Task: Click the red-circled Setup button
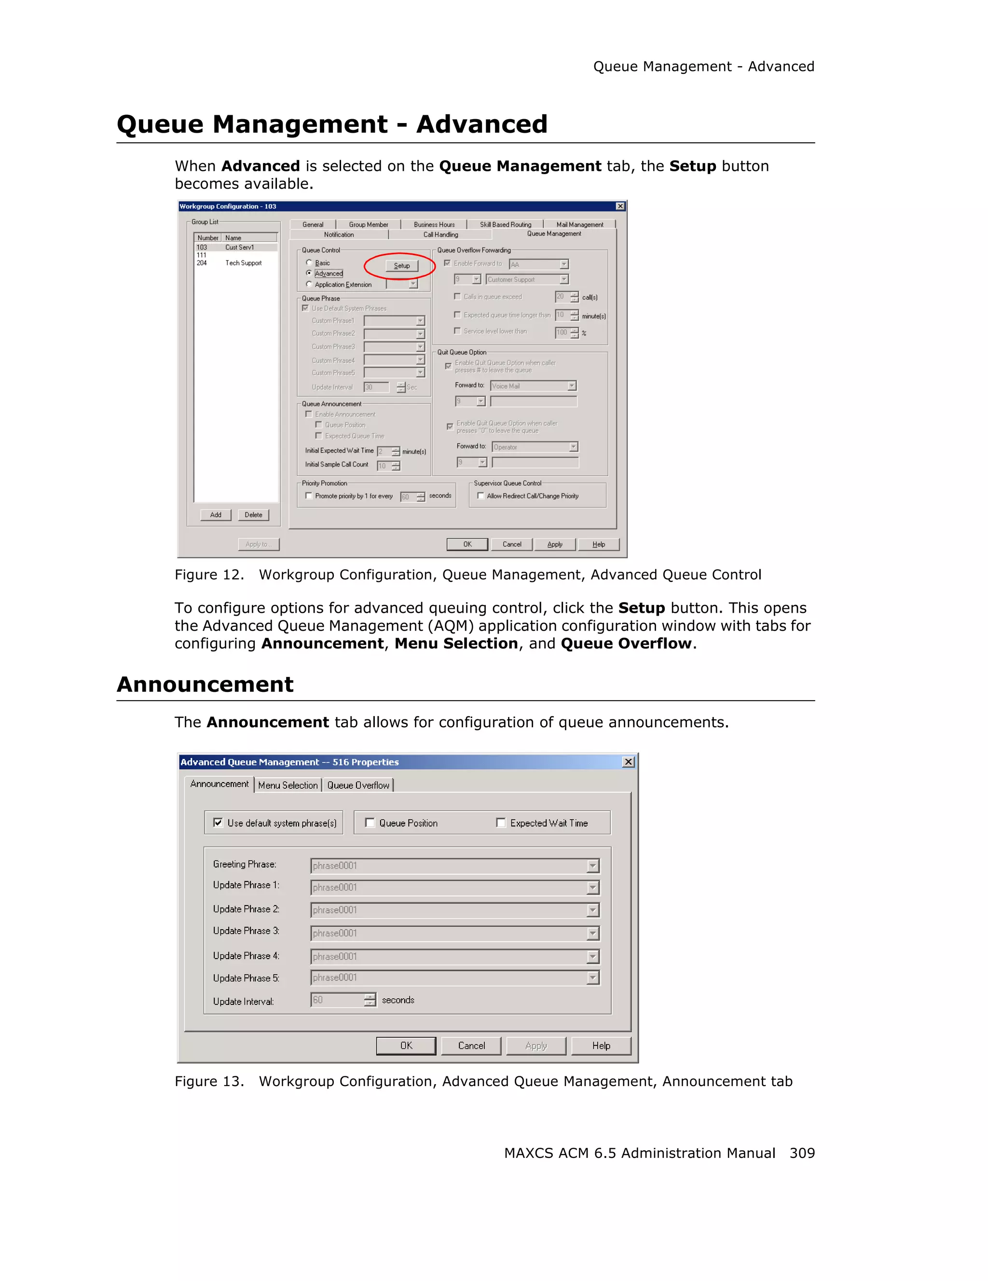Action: pos(402,266)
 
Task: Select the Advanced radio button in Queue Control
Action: pos(309,273)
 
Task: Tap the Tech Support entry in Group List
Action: pos(243,263)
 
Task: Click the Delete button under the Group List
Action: pos(253,515)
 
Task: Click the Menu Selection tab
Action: pos(288,785)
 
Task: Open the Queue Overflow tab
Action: pos(357,785)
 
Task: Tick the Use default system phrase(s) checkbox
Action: pos(218,823)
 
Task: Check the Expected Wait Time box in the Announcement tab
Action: pos(501,823)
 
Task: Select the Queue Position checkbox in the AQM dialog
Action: pos(370,823)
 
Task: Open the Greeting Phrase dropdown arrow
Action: pos(593,866)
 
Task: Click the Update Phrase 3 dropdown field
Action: pos(449,933)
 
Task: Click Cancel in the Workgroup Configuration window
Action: pos(511,544)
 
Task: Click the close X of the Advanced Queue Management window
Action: pos(628,762)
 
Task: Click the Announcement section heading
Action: pos(205,685)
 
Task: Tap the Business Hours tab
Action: pos(434,225)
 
